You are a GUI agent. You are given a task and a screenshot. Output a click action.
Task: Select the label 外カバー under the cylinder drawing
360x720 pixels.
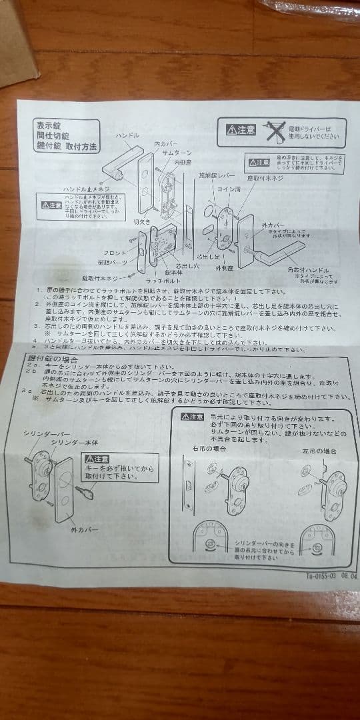[x=85, y=529]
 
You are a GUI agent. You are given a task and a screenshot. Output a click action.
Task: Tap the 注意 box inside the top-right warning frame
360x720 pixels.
[x=241, y=129]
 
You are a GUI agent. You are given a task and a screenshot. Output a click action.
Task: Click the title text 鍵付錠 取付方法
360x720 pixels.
[x=67, y=146]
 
